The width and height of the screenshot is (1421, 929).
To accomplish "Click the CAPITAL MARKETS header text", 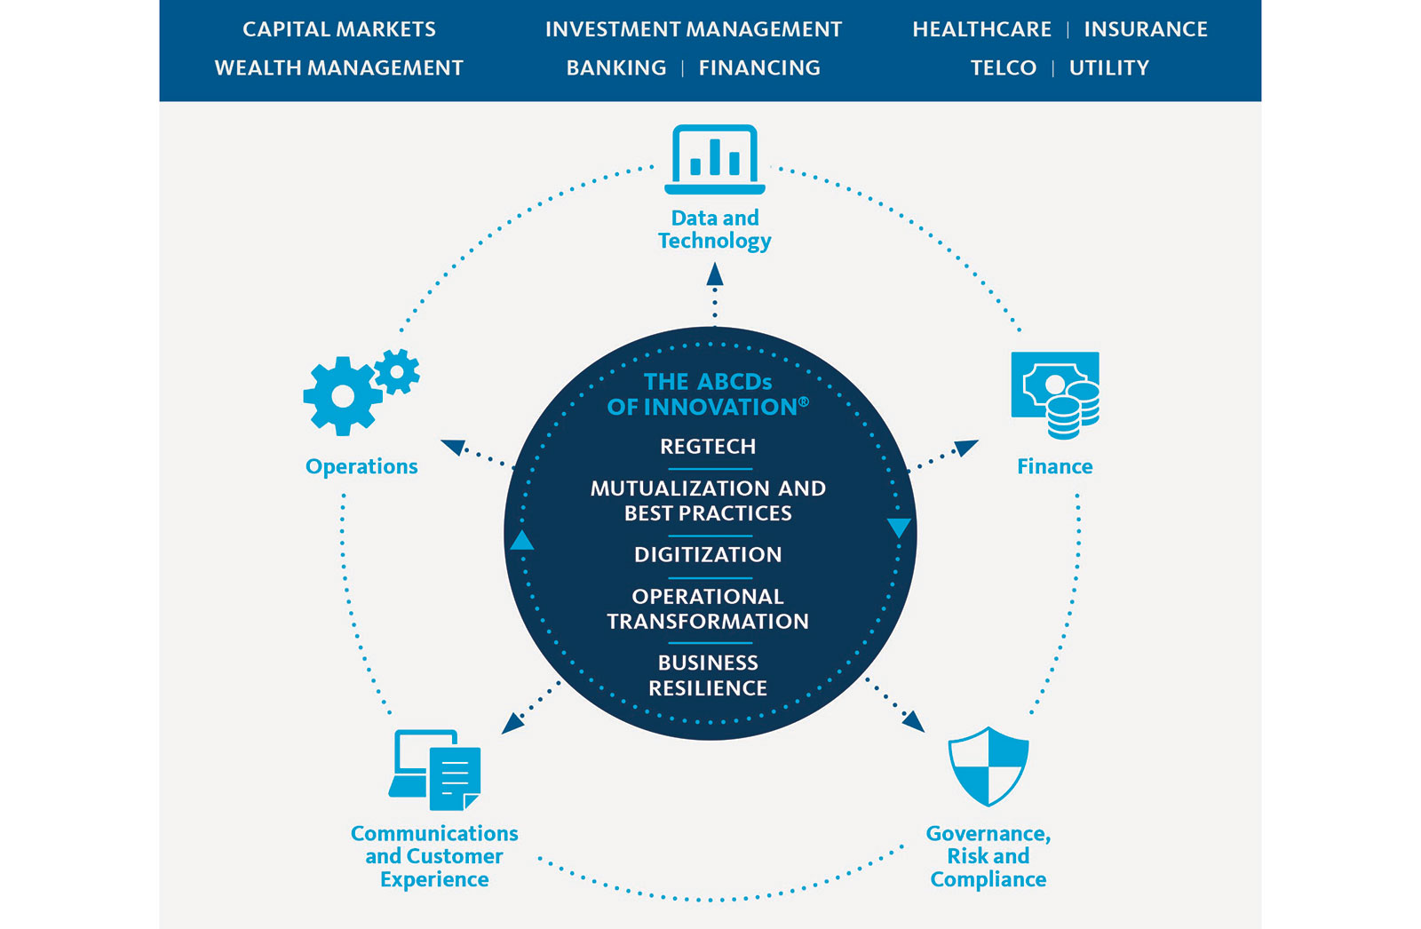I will (x=339, y=29).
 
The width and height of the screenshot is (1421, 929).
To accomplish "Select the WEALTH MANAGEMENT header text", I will (x=339, y=67).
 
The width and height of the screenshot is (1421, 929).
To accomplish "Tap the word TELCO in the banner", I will (x=1004, y=67).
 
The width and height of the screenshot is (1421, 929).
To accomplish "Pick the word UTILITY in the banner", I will (x=1109, y=67).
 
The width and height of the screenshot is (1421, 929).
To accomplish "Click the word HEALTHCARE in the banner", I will (x=981, y=29).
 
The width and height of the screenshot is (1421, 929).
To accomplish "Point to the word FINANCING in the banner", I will (x=759, y=67).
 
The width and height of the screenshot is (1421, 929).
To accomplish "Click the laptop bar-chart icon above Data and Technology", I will (x=715, y=160).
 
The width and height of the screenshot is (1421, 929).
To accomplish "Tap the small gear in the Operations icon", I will (x=397, y=371).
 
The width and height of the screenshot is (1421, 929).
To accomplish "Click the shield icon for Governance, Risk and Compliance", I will (x=988, y=766).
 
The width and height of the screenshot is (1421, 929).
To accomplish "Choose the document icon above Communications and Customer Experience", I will (x=455, y=778).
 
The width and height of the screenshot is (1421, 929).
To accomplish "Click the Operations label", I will (x=361, y=466).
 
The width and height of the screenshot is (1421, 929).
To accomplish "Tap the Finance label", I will (x=1054, y=466).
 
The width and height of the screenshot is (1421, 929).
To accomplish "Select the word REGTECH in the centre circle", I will (x=708, y=447).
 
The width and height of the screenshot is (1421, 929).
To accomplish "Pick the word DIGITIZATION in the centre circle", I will (x=708, y=555).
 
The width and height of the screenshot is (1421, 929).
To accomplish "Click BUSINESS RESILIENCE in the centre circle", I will (x=708, y=675).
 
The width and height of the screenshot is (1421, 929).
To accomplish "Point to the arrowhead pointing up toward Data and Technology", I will (x=715, y=275).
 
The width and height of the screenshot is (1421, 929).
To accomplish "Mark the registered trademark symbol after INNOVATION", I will (x=804, y=402).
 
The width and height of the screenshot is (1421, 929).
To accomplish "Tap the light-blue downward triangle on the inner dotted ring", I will (x=899, y=528).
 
